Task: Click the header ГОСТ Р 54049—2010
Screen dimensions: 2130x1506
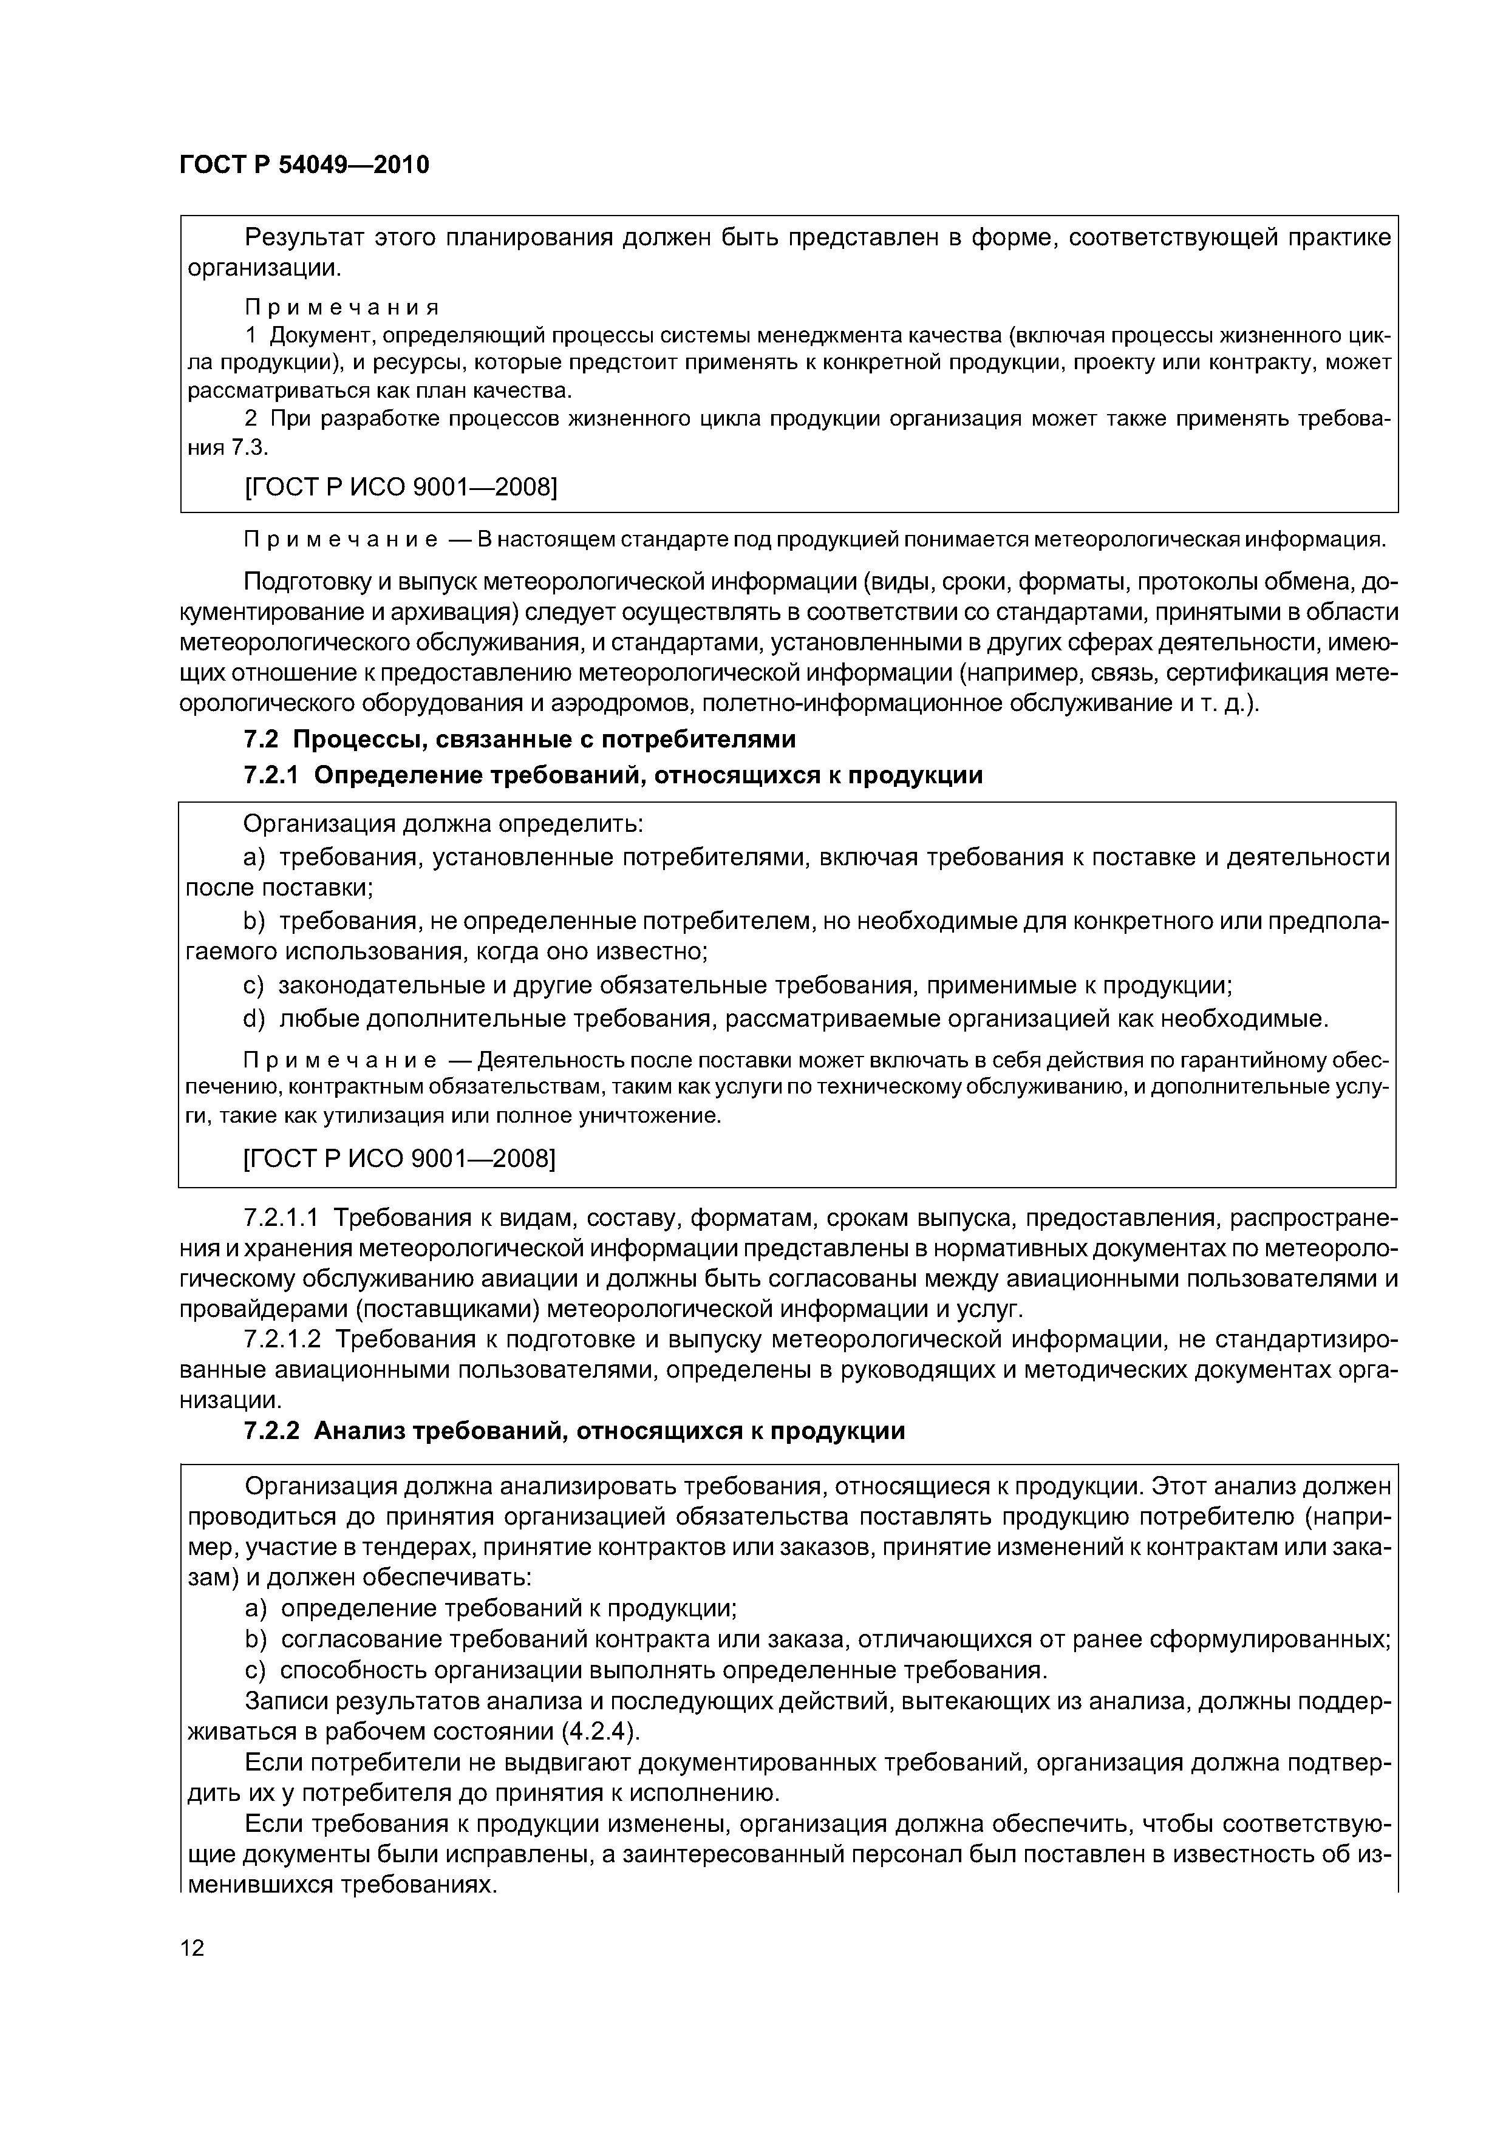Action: point(304,165)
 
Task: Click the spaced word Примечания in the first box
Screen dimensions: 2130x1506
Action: point(341,307)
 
